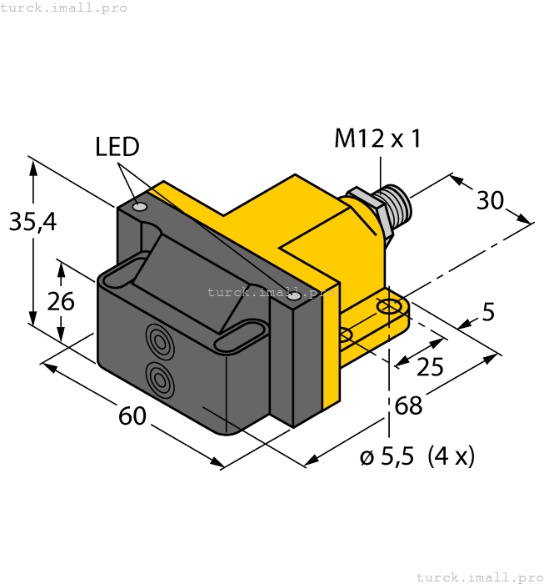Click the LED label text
tap(117, 148)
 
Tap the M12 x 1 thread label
tap(377, 138)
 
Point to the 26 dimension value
tap(60, 301)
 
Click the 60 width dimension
tap(132, 415)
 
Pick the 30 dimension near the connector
tap(491, 200)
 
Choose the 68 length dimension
tap(408, 406)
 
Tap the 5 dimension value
tap(488, 313)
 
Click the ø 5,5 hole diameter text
tap(387, 457)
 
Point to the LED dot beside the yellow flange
tap(293, 296)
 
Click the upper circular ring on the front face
tap(159, 339)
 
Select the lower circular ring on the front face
tap(159, 379)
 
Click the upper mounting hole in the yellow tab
tap(388, 310)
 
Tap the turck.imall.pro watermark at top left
tap(64, 8)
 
